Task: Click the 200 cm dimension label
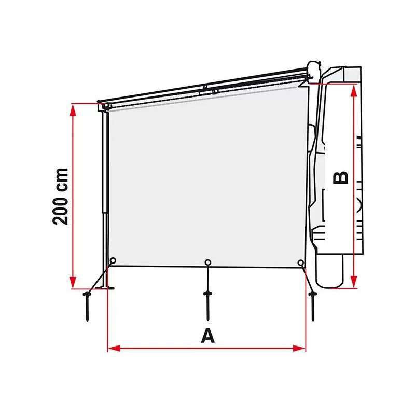click(x=61, y=196)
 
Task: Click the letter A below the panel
click(x=208, y=336)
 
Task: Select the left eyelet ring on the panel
click(x=113, y=261)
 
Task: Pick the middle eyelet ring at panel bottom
click(x=208, y=262)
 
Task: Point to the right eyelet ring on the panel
click(x=301, y=264)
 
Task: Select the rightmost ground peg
click(x=313, y=306)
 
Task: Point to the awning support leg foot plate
click(x=107, y=286)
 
